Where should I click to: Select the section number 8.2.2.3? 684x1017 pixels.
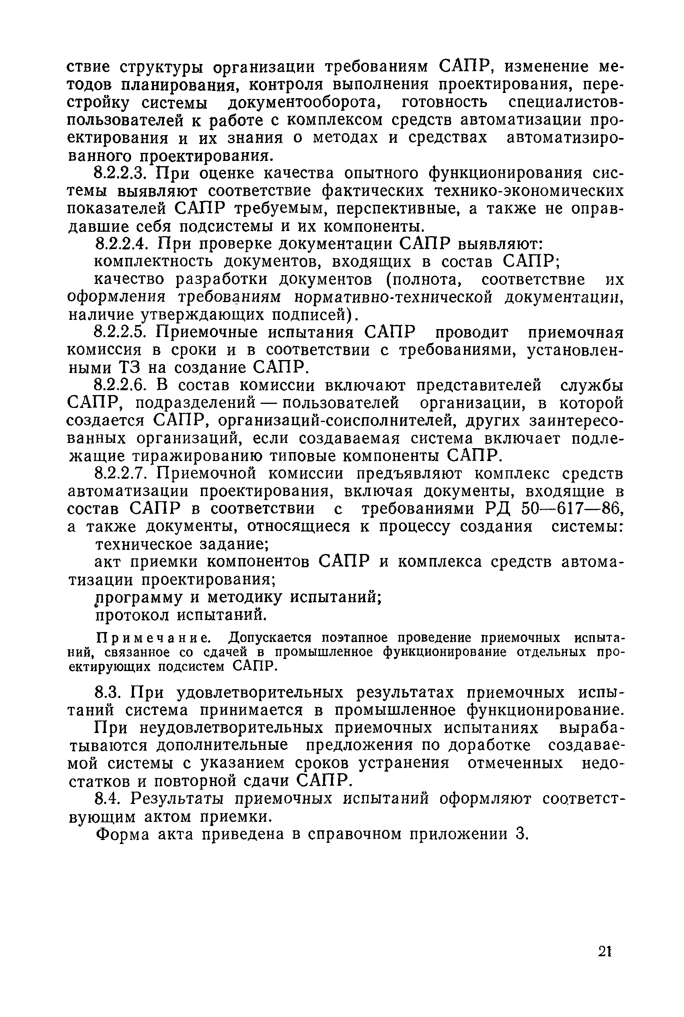click(x=123, y=174)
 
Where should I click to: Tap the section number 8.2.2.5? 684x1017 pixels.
click(x=123, y=333)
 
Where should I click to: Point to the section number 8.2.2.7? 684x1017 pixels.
click(x=123, y=474)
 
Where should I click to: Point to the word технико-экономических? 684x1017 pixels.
click(x=472, y=191)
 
